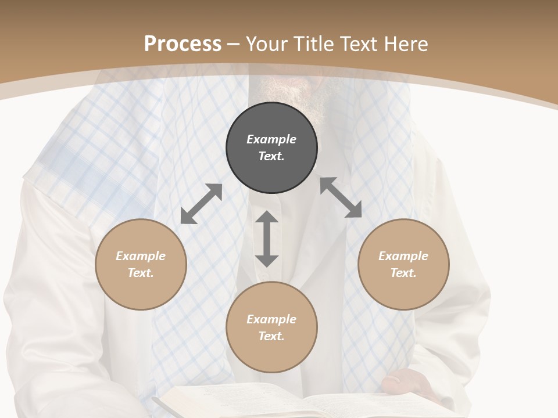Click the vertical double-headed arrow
(267, 239)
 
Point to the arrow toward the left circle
(201, 204)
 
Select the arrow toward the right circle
(341, 197)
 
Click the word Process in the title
(183, 44)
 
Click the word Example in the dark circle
(271, 139)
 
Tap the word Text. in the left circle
(141, 273)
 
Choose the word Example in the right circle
(403, 256)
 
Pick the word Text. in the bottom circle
(271, 336)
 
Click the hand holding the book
(407, 383)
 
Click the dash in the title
(234, 44)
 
